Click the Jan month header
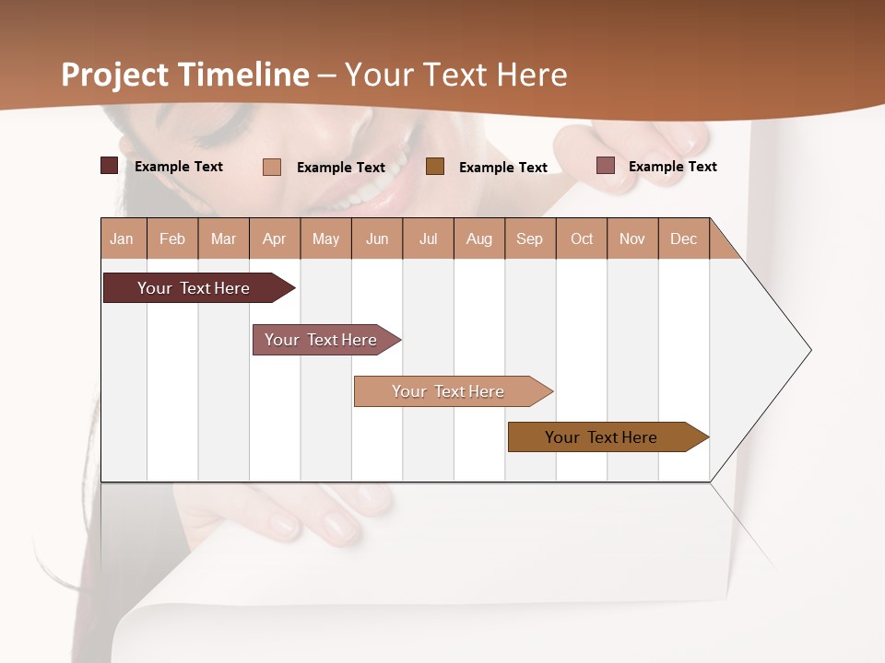(123, 238)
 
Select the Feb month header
(172, 238)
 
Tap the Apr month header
(275, 238)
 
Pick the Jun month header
(377, 238)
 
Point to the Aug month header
(479, 238)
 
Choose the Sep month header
(530, 238)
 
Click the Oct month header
(582, 238)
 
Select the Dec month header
(684, 238)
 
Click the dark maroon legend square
(109, 166)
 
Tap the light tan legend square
(272, 167)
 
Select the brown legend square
(435, 166)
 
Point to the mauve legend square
(606, 166)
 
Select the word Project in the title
(115, 75)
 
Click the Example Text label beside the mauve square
(672, 167)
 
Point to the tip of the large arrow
(809, 350)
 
